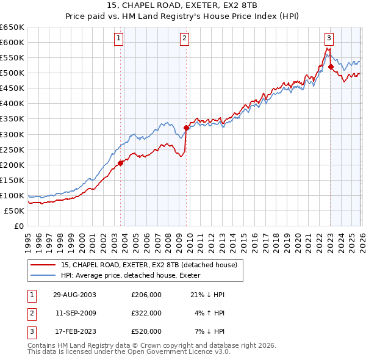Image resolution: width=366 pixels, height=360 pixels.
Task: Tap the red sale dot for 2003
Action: pyautogui.click(x=121, y=163)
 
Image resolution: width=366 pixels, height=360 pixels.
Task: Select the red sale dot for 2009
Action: pyautogui.click(x=186, y=128)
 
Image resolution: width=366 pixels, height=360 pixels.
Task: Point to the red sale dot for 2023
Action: pyautogui.click(x=331, y=67)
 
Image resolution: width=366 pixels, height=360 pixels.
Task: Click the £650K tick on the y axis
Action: pyautogui.click(x=12, y=27)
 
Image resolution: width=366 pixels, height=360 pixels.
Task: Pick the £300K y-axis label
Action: pyautogui.click(x=12, y=134)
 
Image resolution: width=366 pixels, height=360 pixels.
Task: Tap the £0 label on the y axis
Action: pyautogui.click(x=18, y=226)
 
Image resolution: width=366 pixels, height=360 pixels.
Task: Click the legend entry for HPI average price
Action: pyautogui.click(x=135, y=275)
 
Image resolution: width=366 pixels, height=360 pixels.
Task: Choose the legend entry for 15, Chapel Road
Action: pyautogui.click(x=152, y=265)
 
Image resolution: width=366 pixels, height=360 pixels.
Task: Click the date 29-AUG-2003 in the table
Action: pyautogui.click(x=75, y=295)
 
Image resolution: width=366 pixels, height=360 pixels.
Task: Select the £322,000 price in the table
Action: pyautogui.click(x=146, y=313)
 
